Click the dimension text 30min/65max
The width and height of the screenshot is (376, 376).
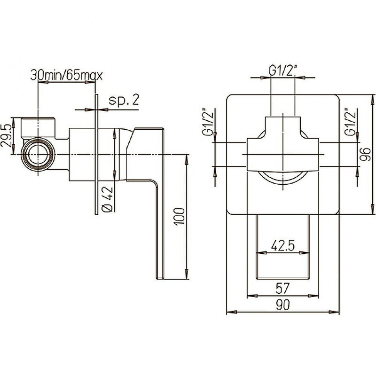(66, 75)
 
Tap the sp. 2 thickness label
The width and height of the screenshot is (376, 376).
(124, 100)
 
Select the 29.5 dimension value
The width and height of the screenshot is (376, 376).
(6, 136)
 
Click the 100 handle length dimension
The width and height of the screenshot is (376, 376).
(180, 216)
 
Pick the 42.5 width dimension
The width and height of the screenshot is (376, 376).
(283, 245)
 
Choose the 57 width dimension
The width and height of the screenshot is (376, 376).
(283, 288)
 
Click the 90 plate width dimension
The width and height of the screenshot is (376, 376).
(283, 305)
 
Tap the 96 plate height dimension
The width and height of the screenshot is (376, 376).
(366, 155)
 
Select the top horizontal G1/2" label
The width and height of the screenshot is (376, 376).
(283, 71)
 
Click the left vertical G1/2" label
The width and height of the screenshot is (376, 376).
(208, 122)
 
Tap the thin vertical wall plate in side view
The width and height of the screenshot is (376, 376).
(96, 155)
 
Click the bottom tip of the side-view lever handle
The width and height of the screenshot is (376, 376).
(160, 279)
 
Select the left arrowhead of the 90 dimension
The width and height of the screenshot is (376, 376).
(232, 312)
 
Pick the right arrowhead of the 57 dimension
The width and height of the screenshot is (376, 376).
(313, 296)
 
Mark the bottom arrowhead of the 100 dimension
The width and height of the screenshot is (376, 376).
(186, 274)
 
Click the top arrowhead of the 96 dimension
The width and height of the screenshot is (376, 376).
(372, 100)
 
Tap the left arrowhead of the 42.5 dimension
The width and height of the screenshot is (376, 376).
(262, 253)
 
